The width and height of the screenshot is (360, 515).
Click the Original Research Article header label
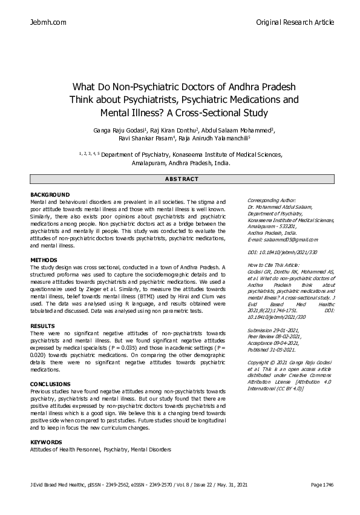(x=295, y=22)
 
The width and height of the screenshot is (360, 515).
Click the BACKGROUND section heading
(x=50, y=194)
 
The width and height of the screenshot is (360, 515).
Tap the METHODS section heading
(x=44, y=260)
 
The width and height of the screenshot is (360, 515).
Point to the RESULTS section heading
(x=42, y=326)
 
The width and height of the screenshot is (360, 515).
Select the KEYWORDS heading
(x=46, y=442)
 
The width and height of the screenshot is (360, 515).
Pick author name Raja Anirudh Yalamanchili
(x=223, y=138)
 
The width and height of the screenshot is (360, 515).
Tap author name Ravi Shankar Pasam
(x=150, y=138)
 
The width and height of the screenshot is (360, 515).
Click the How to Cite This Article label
(x=275, y=265)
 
